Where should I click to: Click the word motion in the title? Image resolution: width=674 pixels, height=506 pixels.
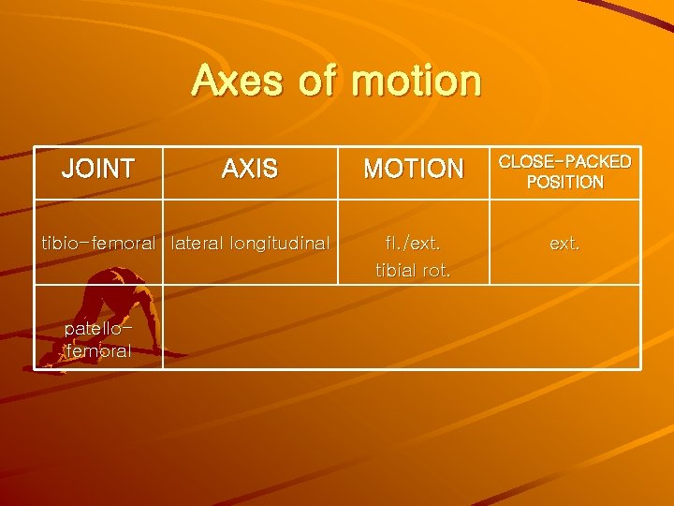[x=417, y=81]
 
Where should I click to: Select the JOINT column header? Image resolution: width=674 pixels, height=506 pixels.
[x=97, y=170]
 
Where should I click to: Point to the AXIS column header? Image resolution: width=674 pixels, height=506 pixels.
[x=249, y=170]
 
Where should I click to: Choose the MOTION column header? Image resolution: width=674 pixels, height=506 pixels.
[x=413, y=170]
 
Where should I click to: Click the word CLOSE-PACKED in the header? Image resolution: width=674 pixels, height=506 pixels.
[x=564, y=161]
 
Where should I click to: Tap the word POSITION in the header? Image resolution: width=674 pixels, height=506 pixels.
[x=564, y=182]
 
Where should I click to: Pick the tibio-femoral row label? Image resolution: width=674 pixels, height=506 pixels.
[x=97, y=244]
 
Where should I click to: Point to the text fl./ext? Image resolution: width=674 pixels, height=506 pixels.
[x=413, y=244]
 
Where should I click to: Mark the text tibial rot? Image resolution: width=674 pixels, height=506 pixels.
[x=413, y=271]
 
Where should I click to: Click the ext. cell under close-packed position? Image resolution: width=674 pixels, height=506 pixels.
[x=564, y=244]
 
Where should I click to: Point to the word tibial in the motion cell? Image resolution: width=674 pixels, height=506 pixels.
[x=398, y=271]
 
